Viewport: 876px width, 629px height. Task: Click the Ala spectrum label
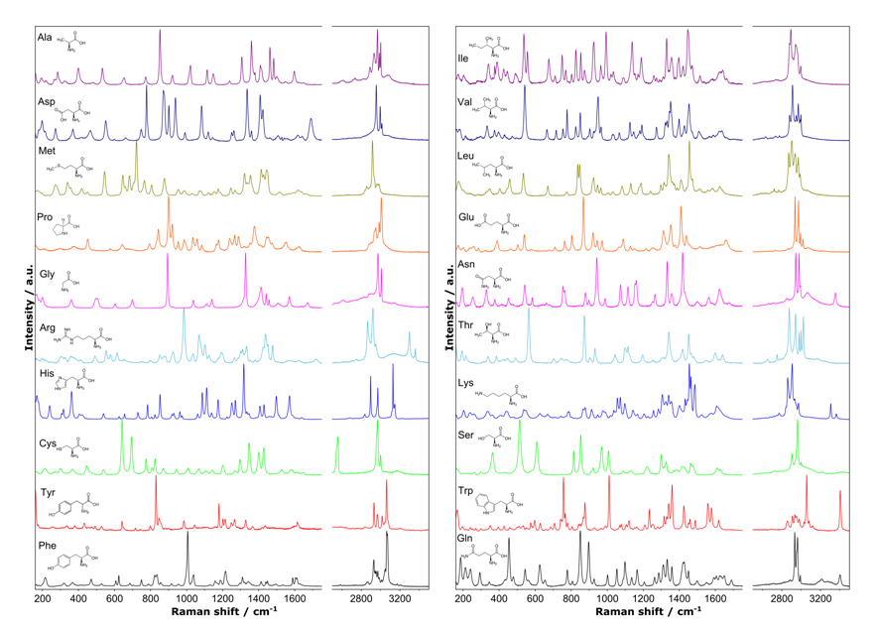point(46,36)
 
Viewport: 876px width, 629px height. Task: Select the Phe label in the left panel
point(47,545)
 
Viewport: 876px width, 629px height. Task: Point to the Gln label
point(465,539)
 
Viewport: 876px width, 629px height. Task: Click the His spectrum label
point(45,376)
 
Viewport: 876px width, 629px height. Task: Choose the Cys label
point(46,432)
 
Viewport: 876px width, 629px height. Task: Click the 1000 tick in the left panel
point(187,600)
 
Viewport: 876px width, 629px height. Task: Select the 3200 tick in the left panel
point(399,600)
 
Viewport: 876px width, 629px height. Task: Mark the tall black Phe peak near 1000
point(188,536)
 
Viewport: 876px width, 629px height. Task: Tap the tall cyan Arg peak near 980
point(184,315)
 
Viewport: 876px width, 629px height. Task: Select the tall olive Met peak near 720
point(136,149)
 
